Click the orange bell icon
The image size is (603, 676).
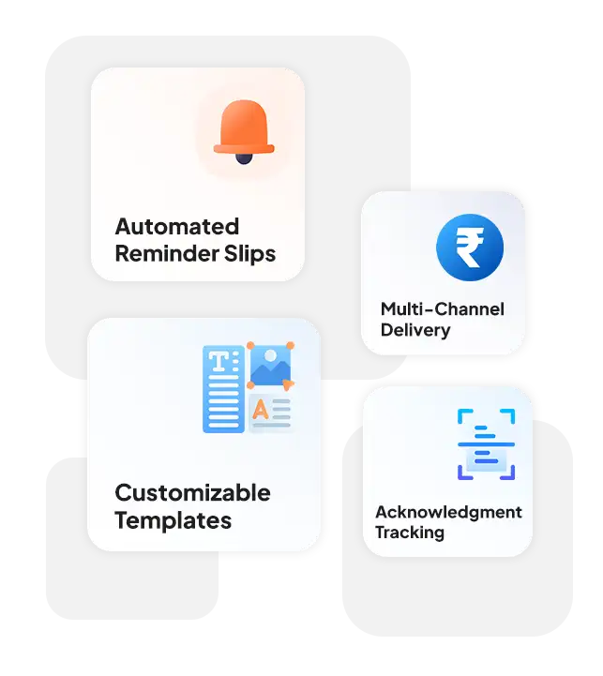[x=244, y=131]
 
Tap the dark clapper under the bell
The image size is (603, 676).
[x=244, y=158]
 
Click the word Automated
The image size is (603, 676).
[x=177, y=226]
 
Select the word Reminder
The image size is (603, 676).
[x=167, y=253]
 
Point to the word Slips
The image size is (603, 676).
[x=249, y=254]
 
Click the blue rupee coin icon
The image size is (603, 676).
[x=470, y=248]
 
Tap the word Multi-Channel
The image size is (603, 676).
[x=443, y=309]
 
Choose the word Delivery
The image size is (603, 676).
[x=415, y=330]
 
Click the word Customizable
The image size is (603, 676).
[x=192, y=493]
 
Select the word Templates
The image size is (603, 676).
[x=173, y=520]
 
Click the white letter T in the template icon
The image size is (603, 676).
[x=219, y=361]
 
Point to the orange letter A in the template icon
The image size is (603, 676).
[x=261, y=410]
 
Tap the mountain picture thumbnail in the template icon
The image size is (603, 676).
[x=270, y=366]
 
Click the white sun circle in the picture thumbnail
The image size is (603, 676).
[x=270, y=355]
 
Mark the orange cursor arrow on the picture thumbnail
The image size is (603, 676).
[x=288, y=384]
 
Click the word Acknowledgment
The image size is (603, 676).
[x=448, y=512]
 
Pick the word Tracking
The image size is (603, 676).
[x=410, y=533]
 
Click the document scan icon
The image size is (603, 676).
[x=486, y=444]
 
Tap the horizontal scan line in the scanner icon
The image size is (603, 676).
[x=486, y=444]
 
